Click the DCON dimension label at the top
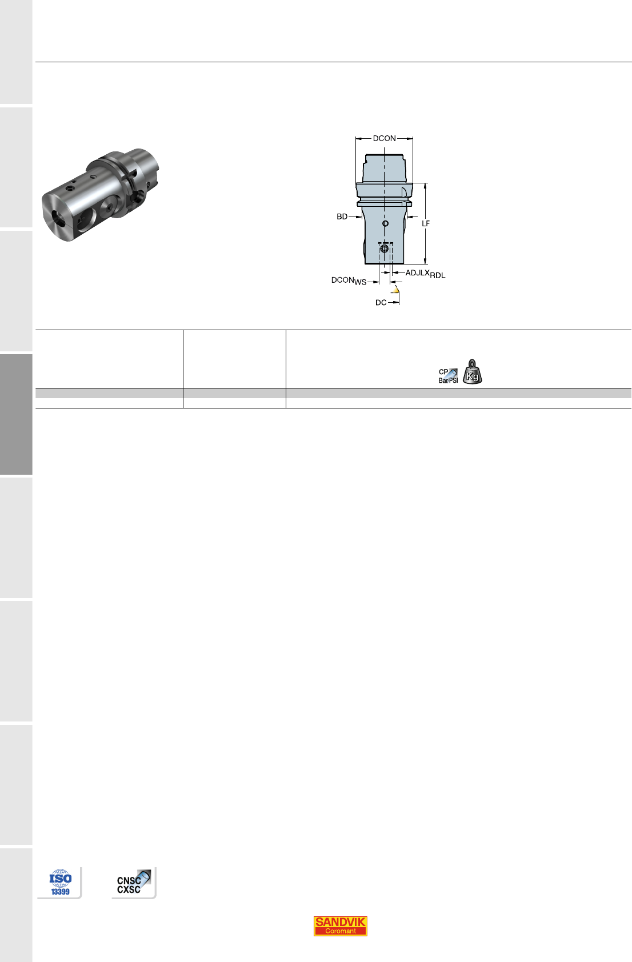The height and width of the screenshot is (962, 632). tap(384, 138)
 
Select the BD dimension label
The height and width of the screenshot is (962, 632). tap(342, 217)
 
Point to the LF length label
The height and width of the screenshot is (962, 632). tap(426, 223)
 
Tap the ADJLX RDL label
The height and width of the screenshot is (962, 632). tap(425, 274)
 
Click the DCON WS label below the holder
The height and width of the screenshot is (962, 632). tap(349, 281)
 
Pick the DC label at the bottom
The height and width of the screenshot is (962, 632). tap(381, 303)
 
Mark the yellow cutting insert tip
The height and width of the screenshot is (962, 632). tap(396, 290)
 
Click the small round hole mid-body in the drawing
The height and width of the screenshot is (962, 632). tap(385, 223)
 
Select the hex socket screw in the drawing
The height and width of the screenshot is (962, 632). tap(385, 249)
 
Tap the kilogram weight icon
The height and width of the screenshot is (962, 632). tap(473, 372)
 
